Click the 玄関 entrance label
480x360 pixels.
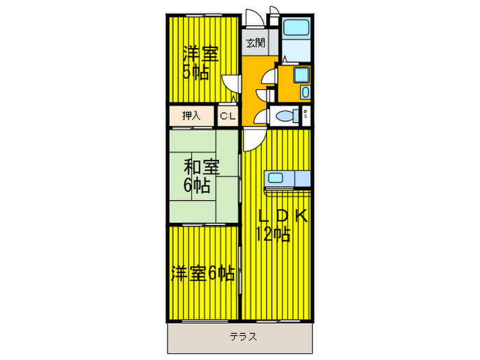point(255,43)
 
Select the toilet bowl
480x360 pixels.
point(286,116)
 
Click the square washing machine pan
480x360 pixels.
point(300,74)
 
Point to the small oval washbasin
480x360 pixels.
point(306,92)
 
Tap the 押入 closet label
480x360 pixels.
point(191,116)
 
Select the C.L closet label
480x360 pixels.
point(227,116)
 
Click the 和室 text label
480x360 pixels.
point(201,167)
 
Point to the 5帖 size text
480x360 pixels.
point(195,71)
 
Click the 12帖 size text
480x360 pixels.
point(274,234)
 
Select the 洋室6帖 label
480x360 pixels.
point(202,274)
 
